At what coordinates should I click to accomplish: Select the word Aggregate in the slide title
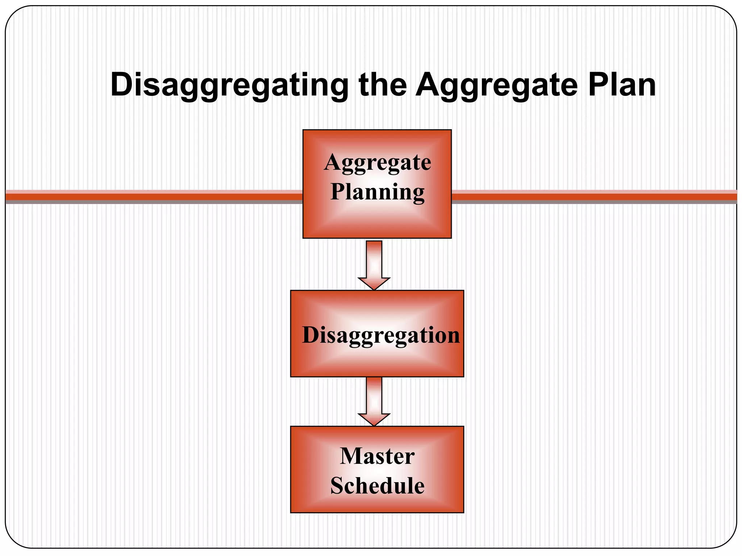tap(496, 85)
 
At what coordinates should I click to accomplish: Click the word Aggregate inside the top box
tap(378, 163)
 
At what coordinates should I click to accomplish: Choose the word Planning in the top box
tap(378, 192)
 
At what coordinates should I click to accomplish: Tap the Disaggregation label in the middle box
tap(381, 335)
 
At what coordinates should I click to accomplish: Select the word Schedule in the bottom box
tap(377, 485)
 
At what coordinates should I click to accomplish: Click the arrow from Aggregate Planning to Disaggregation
tap(374, 264)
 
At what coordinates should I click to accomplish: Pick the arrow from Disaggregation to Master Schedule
tap(374, 400)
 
